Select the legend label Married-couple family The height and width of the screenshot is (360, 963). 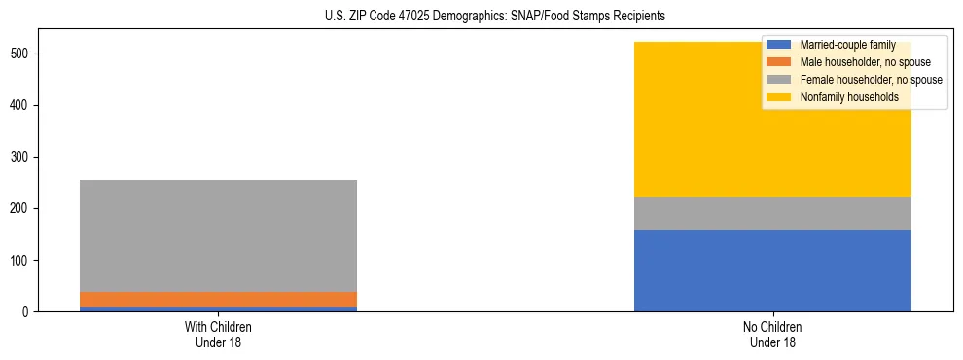click(841, 45)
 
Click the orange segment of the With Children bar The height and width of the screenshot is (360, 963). click(218, 300)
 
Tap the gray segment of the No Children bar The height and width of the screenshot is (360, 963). click(772, 213)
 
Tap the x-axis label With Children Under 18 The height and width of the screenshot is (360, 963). click(218, 334)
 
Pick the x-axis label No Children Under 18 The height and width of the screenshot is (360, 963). click(772, 334)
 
